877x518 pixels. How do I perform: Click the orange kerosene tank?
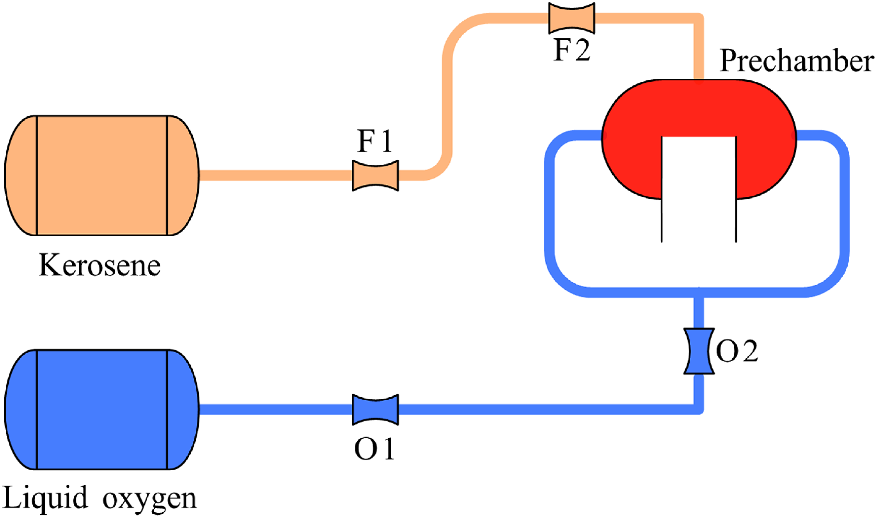(102, 175)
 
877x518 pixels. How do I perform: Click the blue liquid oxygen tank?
(102, 409)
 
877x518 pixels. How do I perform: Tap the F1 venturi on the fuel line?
(375, 175)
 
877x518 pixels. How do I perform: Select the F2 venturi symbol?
(572, 18)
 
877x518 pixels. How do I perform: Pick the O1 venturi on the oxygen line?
(375, 409)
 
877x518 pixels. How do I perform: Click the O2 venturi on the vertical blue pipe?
(699, 351)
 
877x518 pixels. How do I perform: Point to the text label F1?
(375, 141)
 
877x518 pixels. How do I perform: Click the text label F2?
(572, 50)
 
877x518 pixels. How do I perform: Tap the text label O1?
(375, 449)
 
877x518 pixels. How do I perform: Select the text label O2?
(737, 351)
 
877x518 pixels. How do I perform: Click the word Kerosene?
(100, 266)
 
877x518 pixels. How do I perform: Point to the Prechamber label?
(796, 61)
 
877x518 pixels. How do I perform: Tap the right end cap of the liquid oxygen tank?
(183, 409)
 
